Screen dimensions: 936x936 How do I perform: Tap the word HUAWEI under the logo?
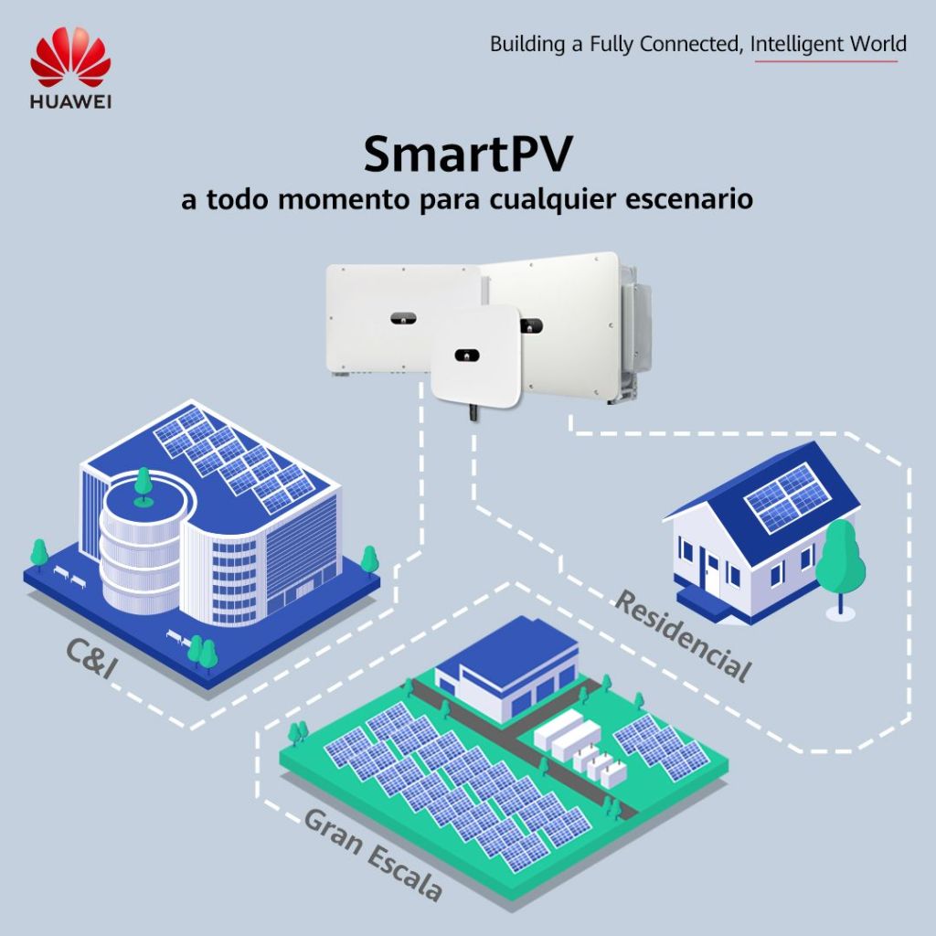pyautogui.click(x=70, y=101)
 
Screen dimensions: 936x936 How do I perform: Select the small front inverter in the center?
pyautogui.click(x=475, y=353)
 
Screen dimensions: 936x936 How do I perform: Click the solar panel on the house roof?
pyautogui.click(x=787, y=496)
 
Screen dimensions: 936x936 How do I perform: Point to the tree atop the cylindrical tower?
pyautogui.click(x=143, y=485)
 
